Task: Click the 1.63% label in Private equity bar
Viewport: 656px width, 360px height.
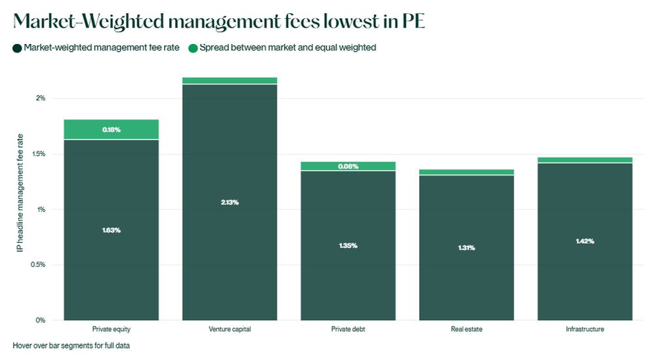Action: click(112, 230)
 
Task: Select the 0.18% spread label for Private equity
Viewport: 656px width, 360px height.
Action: click(112, 130)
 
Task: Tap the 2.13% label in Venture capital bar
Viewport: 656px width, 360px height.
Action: click(230, 202)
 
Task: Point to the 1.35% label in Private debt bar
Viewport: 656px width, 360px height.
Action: click(348, 245)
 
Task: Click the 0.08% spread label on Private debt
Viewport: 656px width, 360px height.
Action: click(348, 167)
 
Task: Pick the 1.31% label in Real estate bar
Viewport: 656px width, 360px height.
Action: click(466, 248)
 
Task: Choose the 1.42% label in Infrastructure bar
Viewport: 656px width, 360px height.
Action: click(585, 241)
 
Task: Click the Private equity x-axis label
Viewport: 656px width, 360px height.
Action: click(112, 329)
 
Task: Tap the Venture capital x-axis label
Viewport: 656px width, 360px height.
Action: click(230, 329)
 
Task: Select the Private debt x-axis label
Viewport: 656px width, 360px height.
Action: click(348, 329)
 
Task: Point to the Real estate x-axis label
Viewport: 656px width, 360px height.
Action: click(466, 329)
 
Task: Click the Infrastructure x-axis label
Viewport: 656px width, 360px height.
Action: click(585, 329)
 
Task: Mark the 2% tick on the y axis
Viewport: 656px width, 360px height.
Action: click(41, 98)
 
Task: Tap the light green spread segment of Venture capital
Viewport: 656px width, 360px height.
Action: click(230, 81)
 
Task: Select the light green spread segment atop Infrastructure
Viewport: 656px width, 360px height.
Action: click(585, 160)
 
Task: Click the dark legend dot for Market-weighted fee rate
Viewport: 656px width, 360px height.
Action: click(17, 48)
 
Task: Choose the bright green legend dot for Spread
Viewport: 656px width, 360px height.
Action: click(193, 48)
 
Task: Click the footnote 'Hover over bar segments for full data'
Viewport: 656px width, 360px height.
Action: click(71, 346)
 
